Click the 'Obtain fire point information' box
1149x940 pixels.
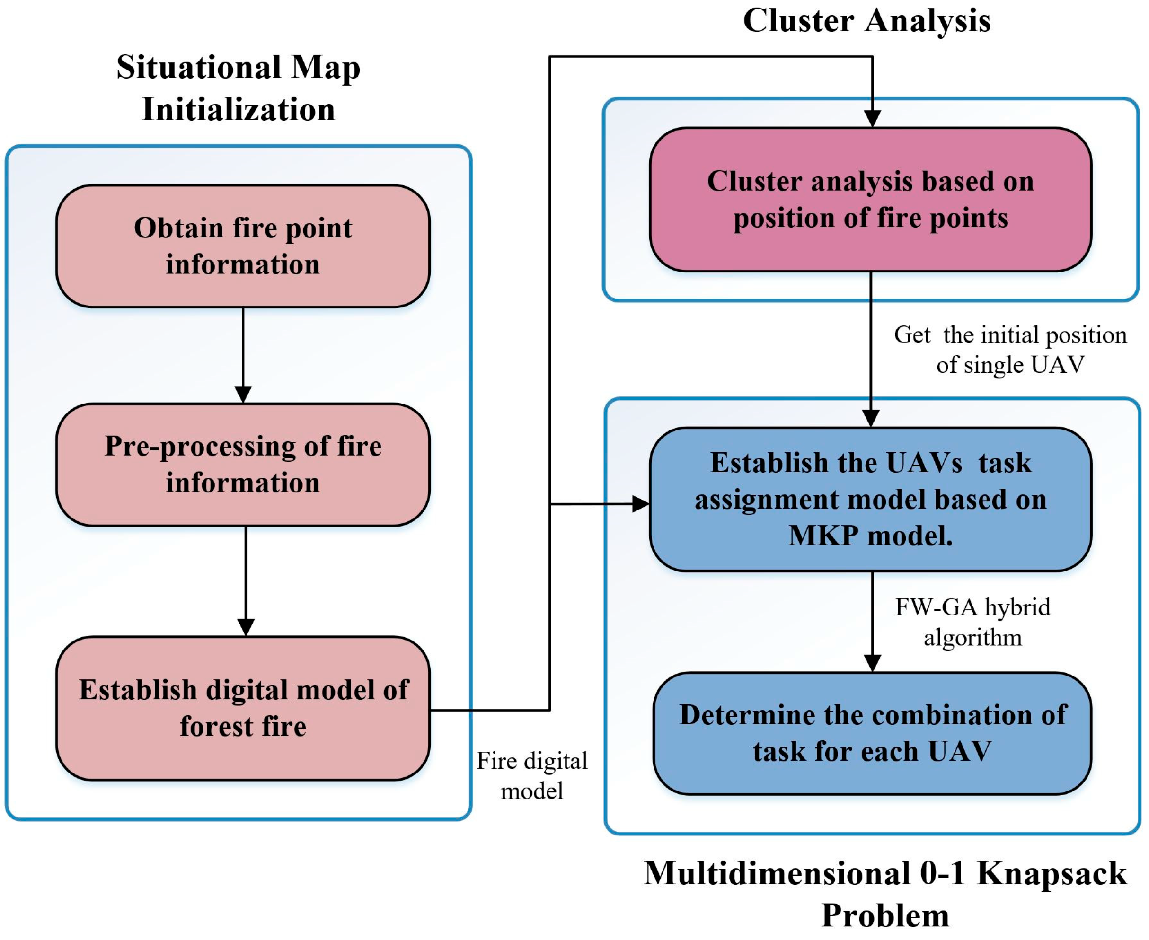243,246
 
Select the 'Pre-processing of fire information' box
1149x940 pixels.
243,465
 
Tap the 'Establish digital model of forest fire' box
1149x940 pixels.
243,708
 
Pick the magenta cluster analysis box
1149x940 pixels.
871,199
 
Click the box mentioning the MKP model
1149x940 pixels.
871,499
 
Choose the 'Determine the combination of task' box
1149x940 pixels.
872,734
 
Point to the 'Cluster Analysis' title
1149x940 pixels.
867,20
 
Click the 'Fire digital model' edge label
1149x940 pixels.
532,776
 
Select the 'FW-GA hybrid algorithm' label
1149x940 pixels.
973,622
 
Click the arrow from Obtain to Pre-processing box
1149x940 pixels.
243,355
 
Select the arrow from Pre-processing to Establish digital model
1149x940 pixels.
246,581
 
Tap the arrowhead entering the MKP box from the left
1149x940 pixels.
641,504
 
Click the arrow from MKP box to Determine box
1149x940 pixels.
872,622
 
